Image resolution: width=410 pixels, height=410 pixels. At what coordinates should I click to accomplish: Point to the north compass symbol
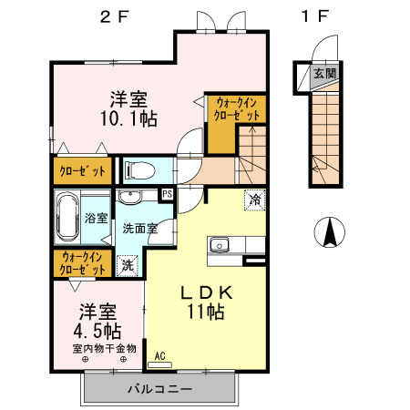(328, 233)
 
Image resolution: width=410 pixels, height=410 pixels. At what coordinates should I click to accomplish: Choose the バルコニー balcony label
(159, 389)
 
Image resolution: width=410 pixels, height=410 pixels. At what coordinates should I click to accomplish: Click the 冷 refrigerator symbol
(254, 200)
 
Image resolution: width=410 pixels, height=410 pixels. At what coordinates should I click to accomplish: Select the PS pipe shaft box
(167, 194)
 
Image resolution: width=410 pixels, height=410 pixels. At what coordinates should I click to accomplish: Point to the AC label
(160, 356)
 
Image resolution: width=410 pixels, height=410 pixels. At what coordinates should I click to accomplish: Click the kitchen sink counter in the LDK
(224, 245)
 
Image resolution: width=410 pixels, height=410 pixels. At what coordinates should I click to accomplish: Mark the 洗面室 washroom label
(140, 228)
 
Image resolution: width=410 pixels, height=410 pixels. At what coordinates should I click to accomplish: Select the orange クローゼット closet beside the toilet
(81, 170)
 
